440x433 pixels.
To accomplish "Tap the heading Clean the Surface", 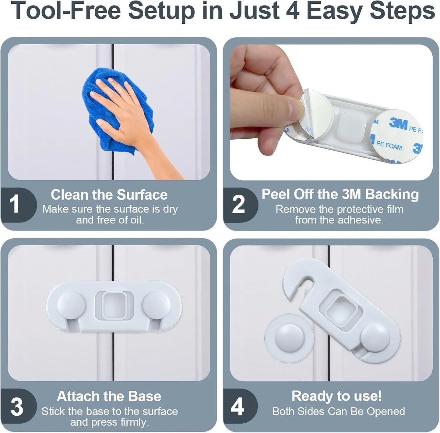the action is (x=109, y=195).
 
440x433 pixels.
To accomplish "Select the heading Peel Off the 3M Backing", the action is (x=340, y=194).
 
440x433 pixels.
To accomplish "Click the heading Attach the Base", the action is (x=109, y=396).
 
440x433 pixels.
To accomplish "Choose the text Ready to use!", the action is (x=336, y=396).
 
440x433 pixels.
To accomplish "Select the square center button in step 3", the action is (x=114, y=305).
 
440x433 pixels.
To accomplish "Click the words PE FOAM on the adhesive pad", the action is (x=389, y=145).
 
